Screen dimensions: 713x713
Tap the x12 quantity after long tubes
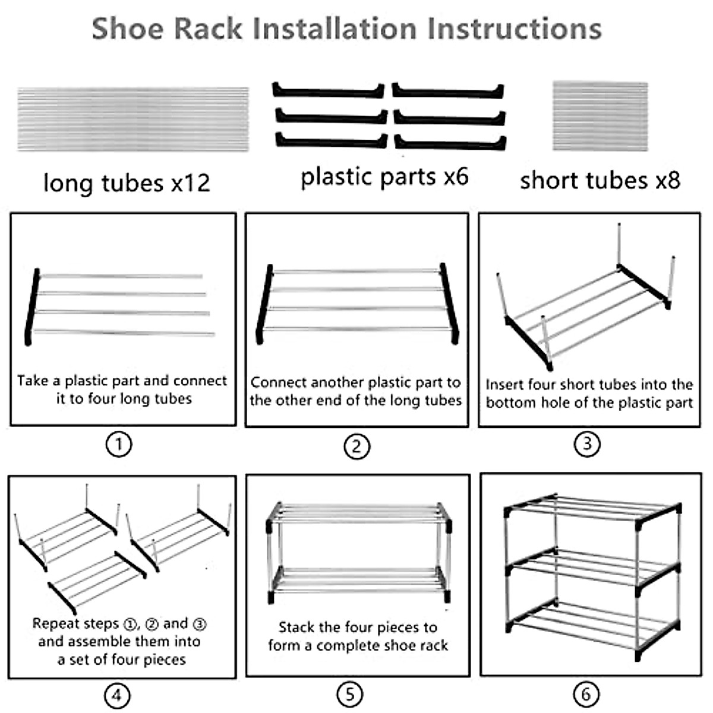pos(190,183)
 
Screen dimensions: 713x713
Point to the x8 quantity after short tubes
pos(667,181)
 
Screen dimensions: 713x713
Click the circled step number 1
pos(118,444)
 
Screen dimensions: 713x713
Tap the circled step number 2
pos(356,446)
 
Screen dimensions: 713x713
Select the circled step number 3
pos(587,444)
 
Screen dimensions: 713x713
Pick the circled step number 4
pos(116,695)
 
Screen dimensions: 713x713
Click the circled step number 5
pos(349,694)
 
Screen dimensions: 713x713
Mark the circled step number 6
pos(586,694)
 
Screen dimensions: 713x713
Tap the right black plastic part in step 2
pos(450,303)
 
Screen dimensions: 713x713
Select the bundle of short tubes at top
pos(600,116)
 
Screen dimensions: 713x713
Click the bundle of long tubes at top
pos(133,119)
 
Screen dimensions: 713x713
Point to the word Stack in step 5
pos(296,627)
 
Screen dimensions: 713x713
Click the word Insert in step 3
pos(504,385)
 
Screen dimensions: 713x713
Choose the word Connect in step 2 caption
pos(279,383)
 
